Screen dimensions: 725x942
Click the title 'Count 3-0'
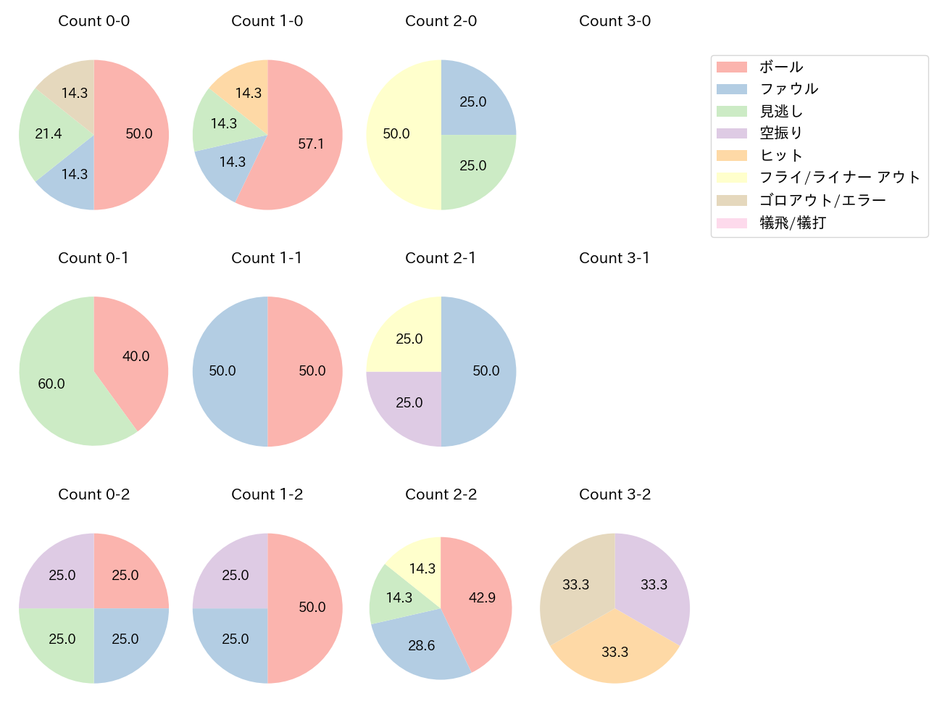614,21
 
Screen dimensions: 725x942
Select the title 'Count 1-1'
267,258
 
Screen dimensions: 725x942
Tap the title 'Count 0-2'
93,494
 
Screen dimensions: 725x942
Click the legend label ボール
781,67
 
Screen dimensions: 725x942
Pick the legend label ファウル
788,88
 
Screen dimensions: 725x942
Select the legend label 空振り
781,133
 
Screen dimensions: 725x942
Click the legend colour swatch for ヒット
731,155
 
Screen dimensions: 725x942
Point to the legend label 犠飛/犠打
792,223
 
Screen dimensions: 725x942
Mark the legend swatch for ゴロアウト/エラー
731,200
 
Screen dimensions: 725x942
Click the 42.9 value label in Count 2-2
482,598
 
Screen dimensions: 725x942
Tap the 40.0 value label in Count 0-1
136,356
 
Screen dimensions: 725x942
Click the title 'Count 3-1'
614,258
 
